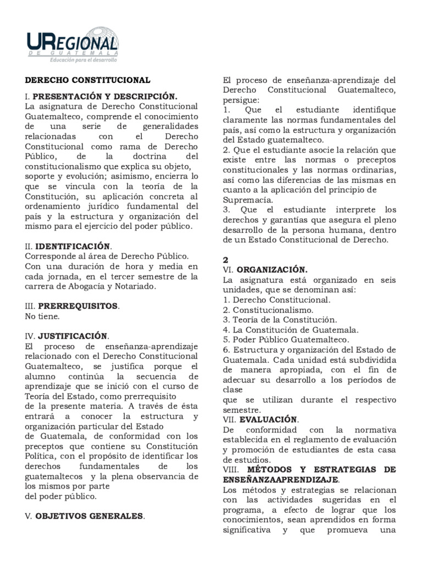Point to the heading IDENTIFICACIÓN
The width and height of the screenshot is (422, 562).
point(74,246)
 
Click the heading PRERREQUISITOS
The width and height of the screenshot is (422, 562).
point(77,305)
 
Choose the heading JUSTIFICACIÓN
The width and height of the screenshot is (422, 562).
point(72,335)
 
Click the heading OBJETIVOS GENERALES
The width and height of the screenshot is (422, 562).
point(90,516)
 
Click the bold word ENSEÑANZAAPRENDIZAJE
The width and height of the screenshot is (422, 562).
point(280,479)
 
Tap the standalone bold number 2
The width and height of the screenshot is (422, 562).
point(226,260)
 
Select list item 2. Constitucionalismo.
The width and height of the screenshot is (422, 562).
point(265,310)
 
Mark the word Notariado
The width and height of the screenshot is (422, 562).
point(135,286)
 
